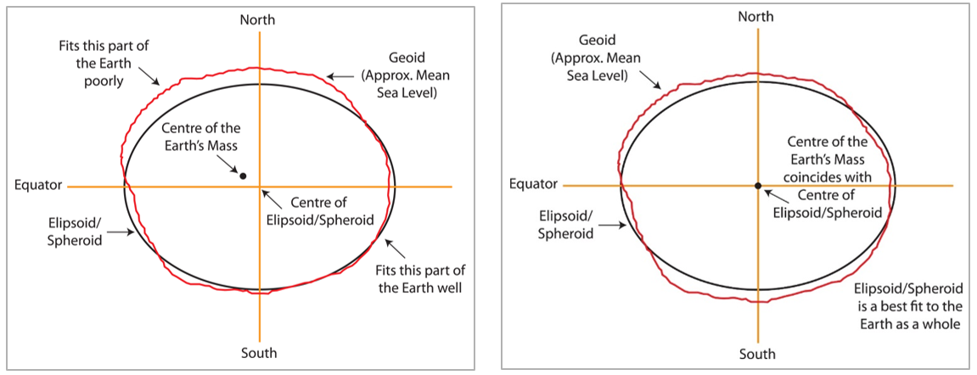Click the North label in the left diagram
258,19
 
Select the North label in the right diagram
755,17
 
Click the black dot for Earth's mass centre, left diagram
243,176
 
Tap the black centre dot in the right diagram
757,185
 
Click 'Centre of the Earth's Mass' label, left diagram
202,136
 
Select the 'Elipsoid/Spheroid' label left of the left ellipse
76,232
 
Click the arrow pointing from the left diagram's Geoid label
340,76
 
